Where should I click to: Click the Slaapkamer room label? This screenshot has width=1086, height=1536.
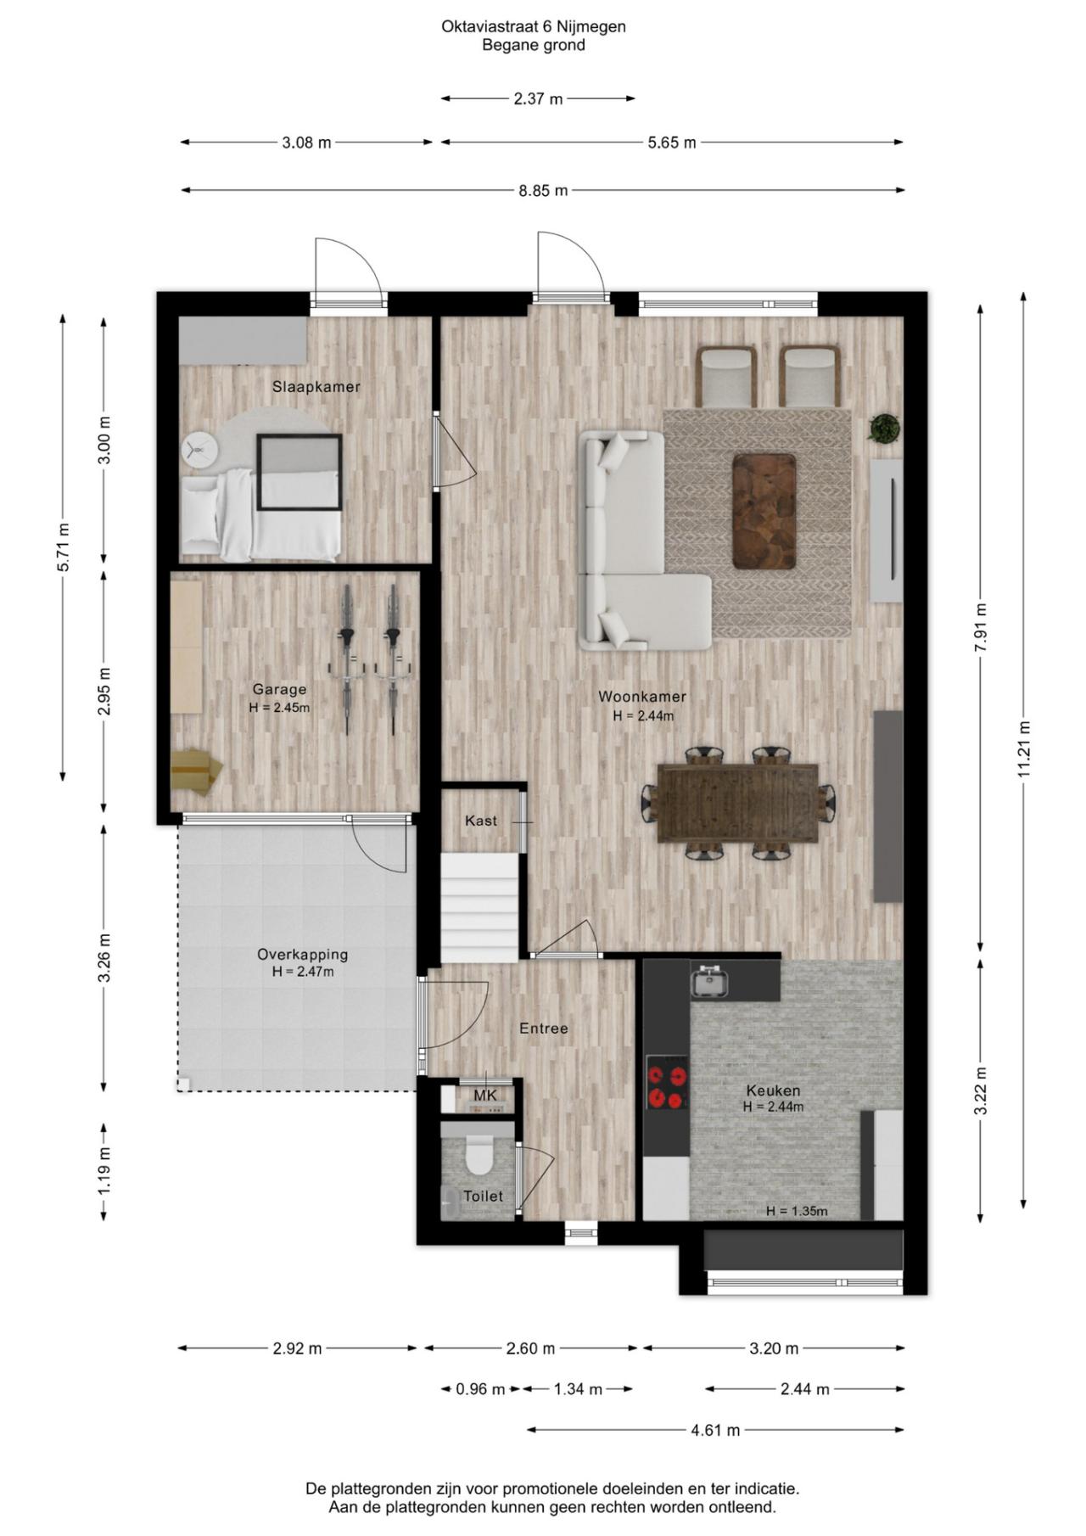(316, 387)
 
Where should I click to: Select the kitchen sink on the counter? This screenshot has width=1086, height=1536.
(708, 981)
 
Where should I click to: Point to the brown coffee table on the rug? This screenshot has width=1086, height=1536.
(764, 511)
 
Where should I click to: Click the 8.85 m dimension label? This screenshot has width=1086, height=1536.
(543, 191)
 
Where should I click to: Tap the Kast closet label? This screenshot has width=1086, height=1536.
(481, 821)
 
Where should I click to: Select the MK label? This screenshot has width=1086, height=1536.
(485, 1096)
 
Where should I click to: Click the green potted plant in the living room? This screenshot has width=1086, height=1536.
(884, 427)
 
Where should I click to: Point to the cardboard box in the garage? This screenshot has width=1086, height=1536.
(195, 771)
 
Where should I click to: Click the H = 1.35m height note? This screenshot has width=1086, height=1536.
(797, 1211)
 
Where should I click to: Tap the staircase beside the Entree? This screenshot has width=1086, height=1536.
(479, 908)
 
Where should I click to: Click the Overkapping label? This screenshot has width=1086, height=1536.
(303, 955)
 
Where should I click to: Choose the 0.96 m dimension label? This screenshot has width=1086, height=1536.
(480, 1389)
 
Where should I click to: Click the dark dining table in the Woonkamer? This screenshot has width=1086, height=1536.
(737, 803)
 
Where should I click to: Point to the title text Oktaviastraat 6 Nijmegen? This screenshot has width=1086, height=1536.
(534, 26)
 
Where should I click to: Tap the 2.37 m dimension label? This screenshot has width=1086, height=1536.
(538, 99)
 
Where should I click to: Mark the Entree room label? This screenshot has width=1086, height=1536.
(544, 1029)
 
